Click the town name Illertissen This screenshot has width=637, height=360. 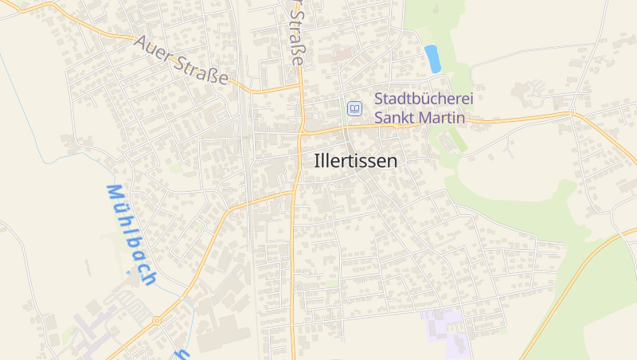[x=355, y=160]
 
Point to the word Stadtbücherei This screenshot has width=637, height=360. [x=424, y=100]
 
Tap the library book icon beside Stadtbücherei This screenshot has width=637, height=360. [x=354, y=108]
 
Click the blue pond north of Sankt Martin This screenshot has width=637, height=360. [x=432, y=58]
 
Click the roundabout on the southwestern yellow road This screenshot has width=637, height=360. [x=157, y=321]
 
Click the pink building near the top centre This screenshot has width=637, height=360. [x=342, y=55]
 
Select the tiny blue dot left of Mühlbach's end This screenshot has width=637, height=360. [x=127, y=272]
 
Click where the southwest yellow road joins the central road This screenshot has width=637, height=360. [x=294, y=191]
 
